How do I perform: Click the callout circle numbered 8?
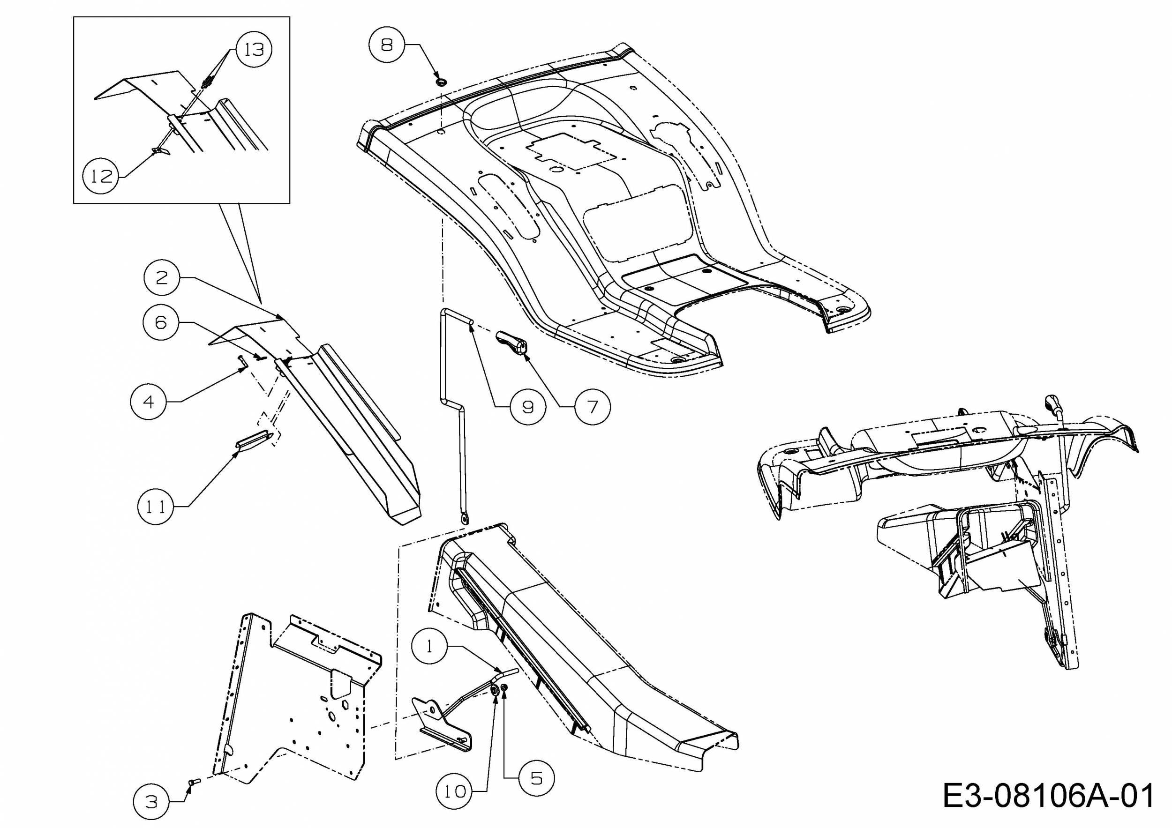(387, 45)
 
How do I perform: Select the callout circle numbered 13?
(254, 50)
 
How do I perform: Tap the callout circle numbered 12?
(101, 176)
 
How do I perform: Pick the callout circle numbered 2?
(161, 277)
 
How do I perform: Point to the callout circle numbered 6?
(161, 322)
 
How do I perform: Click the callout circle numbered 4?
(149, 402)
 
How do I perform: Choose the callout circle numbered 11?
(156, 507)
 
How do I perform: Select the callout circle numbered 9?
(528, 407)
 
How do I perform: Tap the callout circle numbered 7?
(592, 407)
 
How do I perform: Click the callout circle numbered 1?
(429, 646)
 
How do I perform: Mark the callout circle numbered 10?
(454, 791)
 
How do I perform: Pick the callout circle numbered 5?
(536, 778)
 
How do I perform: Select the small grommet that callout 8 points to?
(440, 82)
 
